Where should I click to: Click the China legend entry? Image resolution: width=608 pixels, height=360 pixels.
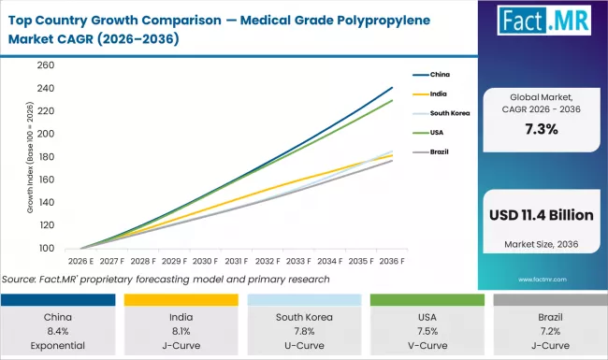point(439,74)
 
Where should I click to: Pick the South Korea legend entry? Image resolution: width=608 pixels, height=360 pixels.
point(445,112)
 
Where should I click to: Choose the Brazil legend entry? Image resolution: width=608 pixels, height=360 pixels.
point(438,151)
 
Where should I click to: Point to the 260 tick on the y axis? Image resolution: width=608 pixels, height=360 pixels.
point(45,65)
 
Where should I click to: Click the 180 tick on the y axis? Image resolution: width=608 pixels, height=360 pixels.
point(45,157)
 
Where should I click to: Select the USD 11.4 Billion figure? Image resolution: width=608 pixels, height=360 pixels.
point(541,215)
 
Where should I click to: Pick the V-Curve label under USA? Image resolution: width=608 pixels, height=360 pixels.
point(425,344)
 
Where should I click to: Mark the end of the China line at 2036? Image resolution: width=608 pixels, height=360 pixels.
point(391,87)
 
